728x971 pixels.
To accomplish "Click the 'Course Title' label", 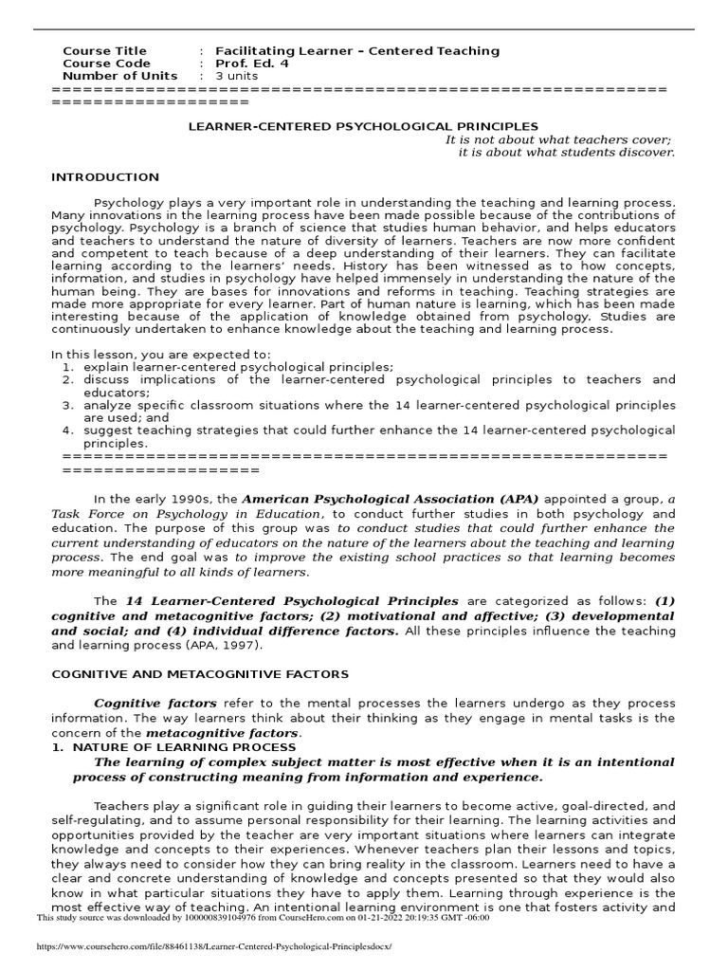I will pyautogui.click(x=104, y=50).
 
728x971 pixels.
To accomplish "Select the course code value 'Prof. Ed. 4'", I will pyautogui.click(x=252, y=64).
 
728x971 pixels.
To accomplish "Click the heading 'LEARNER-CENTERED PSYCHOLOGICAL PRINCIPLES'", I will pyautogui.click(x=364, y=126).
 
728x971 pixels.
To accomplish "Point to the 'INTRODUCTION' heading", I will pyautogui.click(x=104, y=177).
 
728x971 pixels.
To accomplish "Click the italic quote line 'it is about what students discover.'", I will pyautogui.click(x=566, y=152).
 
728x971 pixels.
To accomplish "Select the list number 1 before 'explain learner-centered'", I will pyautogui.click(x=68, y=366).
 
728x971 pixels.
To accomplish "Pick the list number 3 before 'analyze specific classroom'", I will pyautogui.click(x=68, y=405).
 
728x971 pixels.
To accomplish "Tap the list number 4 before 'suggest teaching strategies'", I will pyautogui.click(x=68, y=431).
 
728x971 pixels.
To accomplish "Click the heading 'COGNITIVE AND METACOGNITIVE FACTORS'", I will pyautogui.click(x=199, y=674).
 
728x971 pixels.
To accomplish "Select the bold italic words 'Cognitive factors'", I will pyautogui.click(x=155, y=703).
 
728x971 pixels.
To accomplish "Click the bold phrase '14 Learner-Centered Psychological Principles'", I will pyautogui.click(x=291, y=601).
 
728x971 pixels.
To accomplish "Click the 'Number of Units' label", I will pyautogui.click(x=119, y=76).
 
